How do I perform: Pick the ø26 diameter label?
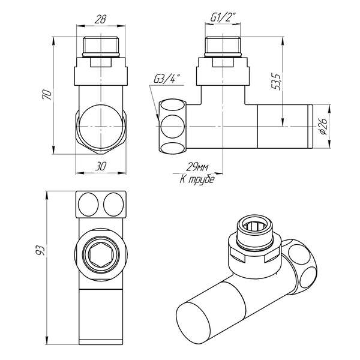[322, 126]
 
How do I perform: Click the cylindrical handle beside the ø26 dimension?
[282, 127]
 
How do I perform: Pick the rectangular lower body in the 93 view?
[100, 312]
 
